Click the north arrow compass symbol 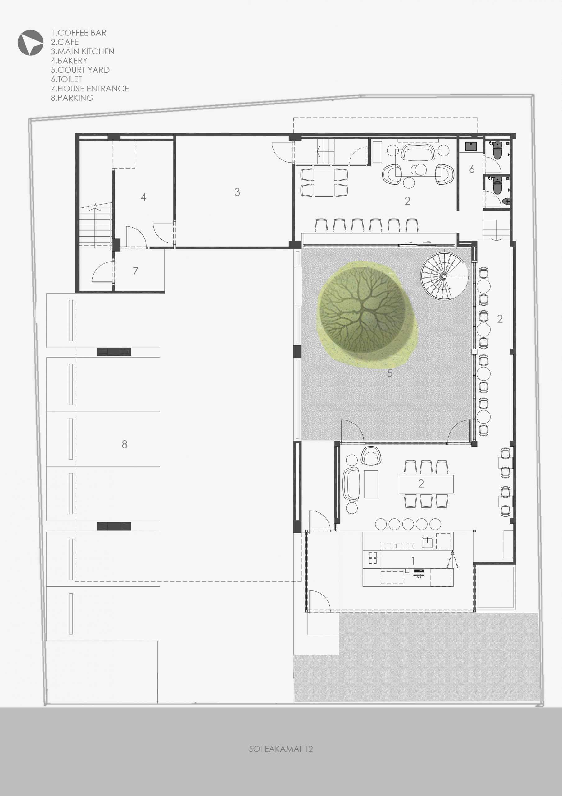point(30,43)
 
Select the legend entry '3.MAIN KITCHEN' point(82,51)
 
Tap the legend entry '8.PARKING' point(72,98)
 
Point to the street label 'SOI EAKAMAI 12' point(281,748)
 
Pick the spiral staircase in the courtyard point(444,276)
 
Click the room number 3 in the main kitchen point(237,192)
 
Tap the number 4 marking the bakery point(143,197)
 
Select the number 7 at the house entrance point(135,271)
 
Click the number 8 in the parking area point(125,444)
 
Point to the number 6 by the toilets point(472,169)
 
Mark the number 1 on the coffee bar point(413,561)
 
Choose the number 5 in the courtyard point(390,373)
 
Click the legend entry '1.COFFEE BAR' point(79,33)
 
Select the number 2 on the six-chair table point(421,484)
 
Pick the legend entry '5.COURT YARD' point(80,70)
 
